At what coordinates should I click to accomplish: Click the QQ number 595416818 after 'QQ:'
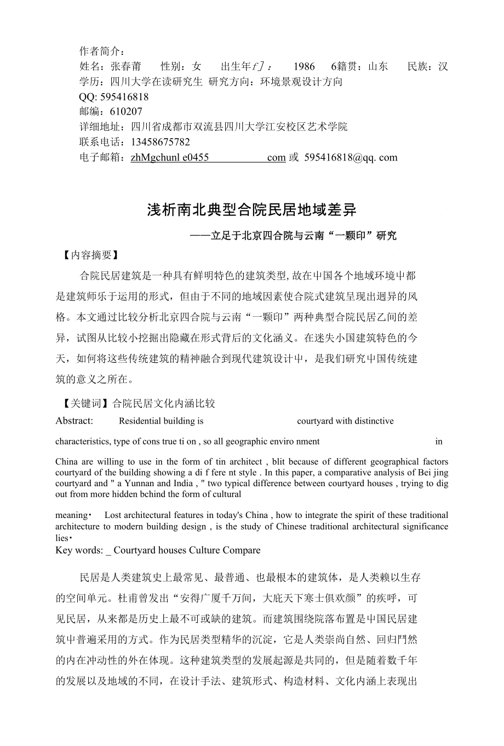[x=123, y=97]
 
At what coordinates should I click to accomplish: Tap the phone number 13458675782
[x=160, y=142]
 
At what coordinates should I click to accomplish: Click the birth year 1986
[x=304, y=67]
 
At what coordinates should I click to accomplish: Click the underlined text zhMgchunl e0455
[x=170, y=157]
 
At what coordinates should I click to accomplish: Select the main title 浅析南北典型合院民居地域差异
[x=251, y=210]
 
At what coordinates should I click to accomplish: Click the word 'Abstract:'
[x=75, y=421]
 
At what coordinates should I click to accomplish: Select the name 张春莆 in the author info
[x=125, y=67]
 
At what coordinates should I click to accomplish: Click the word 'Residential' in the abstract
[x=139, y=421]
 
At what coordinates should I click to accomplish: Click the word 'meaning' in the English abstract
[x=71, y=515]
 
